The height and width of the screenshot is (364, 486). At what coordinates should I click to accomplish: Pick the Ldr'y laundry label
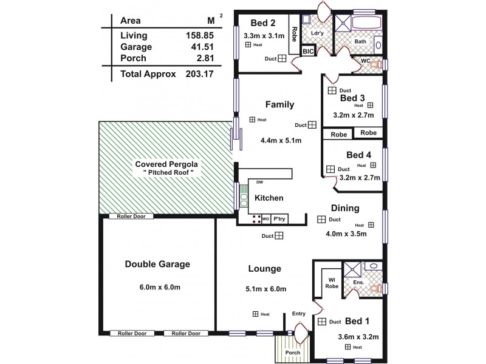pos(316,33)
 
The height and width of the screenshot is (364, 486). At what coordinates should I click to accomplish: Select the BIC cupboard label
pos(308,52)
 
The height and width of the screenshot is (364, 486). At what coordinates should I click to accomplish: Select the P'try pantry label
pos(279,218)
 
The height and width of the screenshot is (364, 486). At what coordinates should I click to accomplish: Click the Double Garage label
pos(157,264)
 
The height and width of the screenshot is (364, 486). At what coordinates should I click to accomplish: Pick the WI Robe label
pos(332,283)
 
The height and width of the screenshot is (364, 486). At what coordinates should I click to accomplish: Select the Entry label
pos(299,313)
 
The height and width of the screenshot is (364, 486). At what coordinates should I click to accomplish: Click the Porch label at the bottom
pos(293,352)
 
